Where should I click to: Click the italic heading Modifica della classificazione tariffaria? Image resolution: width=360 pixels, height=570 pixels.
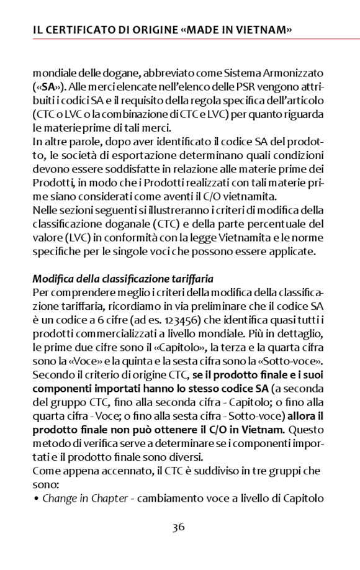point(123,279)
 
